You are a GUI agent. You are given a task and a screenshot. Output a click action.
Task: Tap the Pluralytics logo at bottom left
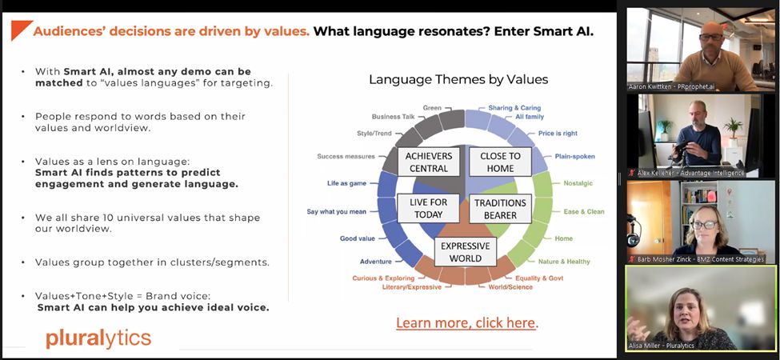pyautogui.click(x=98, y=338)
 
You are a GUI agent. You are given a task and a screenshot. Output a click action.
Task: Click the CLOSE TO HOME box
pyautogui.click(x=500, y=162)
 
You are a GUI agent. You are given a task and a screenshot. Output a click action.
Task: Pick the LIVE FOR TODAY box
pyautogui.click(x=428, y=207)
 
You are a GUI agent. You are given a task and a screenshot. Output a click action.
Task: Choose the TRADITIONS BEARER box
pyautogui.click(x=500, y=208)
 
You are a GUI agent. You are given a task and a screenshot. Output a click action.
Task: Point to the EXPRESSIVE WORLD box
pyautogui.click(x=465, y=252)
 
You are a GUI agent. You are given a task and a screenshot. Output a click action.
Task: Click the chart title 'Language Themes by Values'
pyautogui.click(x=458, y=79)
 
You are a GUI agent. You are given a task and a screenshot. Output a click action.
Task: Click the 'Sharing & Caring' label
pyautogui.click(x=513, y=107)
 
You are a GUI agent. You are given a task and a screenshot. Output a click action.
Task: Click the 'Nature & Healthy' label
pyautogui.click(x=563, y=262)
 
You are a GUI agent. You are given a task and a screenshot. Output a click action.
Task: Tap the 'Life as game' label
pyautogui.click(x=346, y=182)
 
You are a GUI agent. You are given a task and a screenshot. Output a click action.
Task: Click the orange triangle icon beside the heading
pyautogui.click(x=20, y=31)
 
